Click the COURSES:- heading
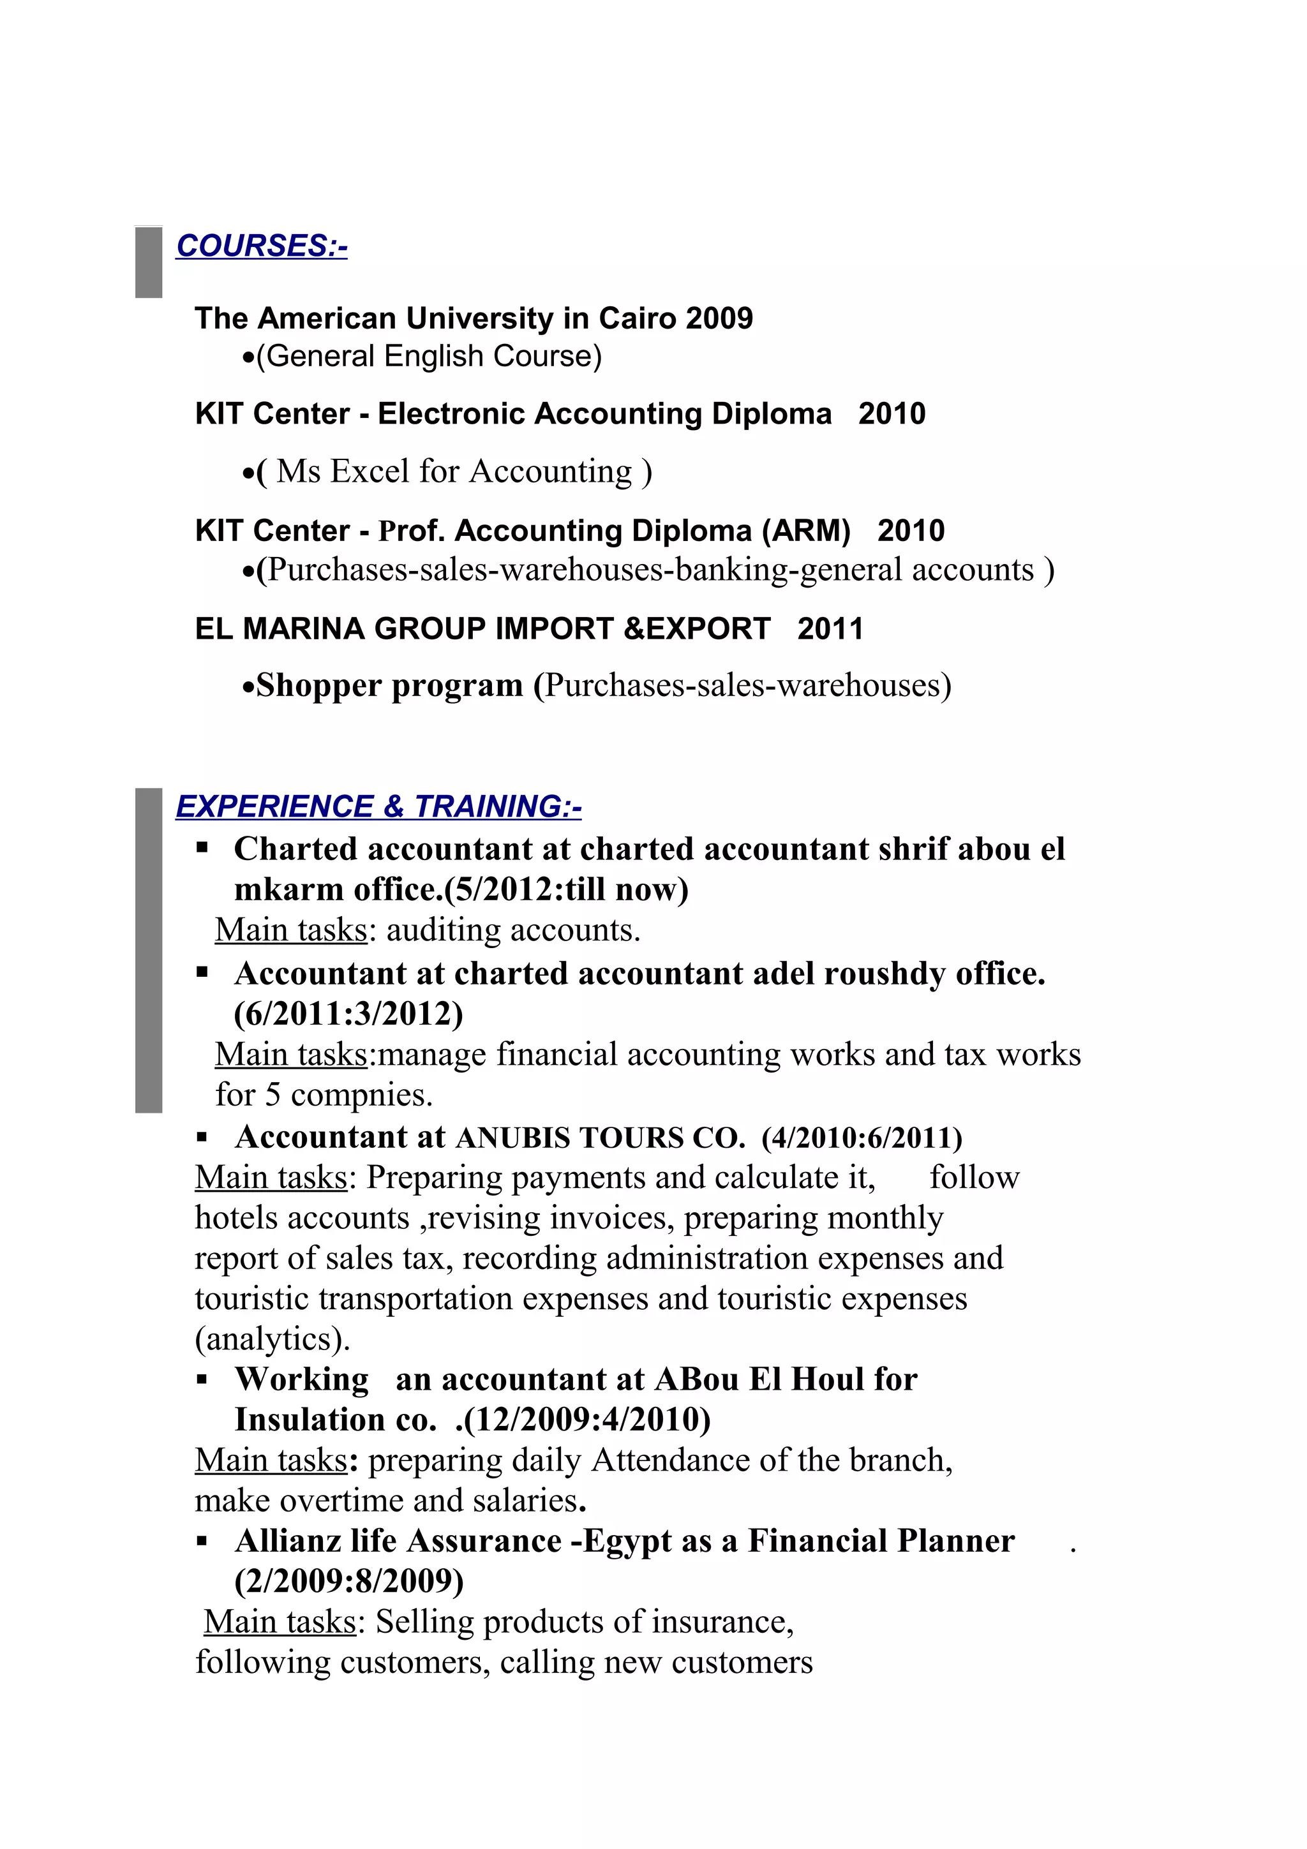pyautogui.click(x=262, y=246)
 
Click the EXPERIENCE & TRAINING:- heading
pyautogui.click(x=378, y=806)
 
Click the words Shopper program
pyautogui.click(x=390, y=685)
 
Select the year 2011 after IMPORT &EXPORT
pyautogui.click(x=830, y=628)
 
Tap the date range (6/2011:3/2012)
pyautogui.click(x=348, y=1013)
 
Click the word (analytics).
pyautogui.click(x=273, y=1339)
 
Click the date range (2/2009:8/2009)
pyautogui.click(x=348, y=1581)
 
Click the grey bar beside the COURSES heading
pyautogui.click(x=148, y=262)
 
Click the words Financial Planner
pyautogui.click(x=881, y=1541)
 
